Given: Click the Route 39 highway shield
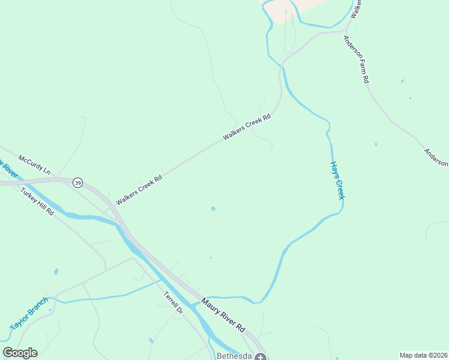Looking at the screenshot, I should coord(77,182).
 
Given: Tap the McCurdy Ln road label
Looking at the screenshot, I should coord(35,165).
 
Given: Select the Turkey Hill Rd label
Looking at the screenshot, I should coord(37,202).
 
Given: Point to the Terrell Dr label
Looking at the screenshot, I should coord(173,303).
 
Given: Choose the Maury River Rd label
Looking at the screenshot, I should coord(223,316).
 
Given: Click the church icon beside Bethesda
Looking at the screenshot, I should coord(260,356).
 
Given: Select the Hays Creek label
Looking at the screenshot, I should coord(337,181).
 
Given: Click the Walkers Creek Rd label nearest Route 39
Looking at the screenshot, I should coord(139,190).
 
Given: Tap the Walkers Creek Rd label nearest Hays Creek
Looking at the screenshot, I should coord(247,128).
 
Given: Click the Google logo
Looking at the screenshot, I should coord(20,353).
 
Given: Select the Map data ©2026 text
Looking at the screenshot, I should coord(423,355).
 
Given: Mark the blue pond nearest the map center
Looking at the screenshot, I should coord(213,209).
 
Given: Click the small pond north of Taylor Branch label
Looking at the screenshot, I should coord(56,272).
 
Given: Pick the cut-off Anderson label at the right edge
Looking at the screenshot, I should coord(436,158).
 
